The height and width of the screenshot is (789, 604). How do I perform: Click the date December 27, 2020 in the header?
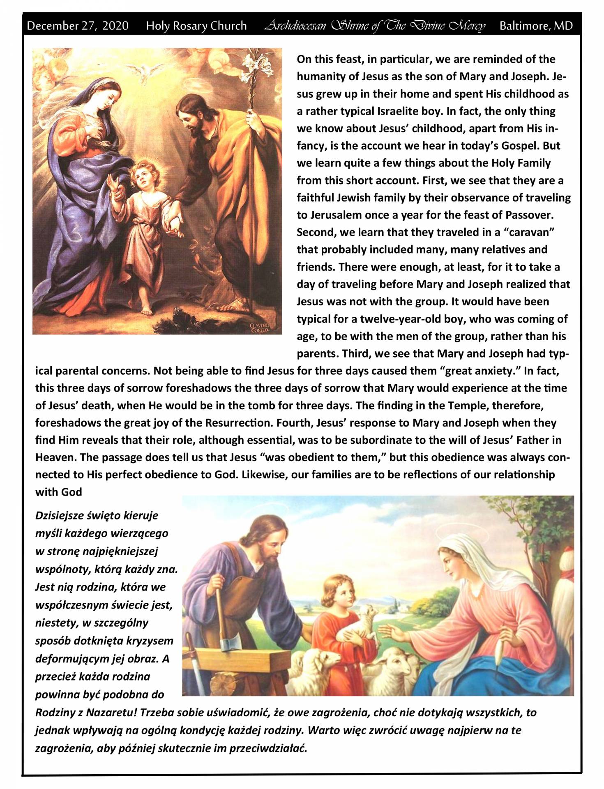point(77,26)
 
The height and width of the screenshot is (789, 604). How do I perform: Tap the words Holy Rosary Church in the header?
point(196,26)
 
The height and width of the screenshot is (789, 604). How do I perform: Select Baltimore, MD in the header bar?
point(536,26)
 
